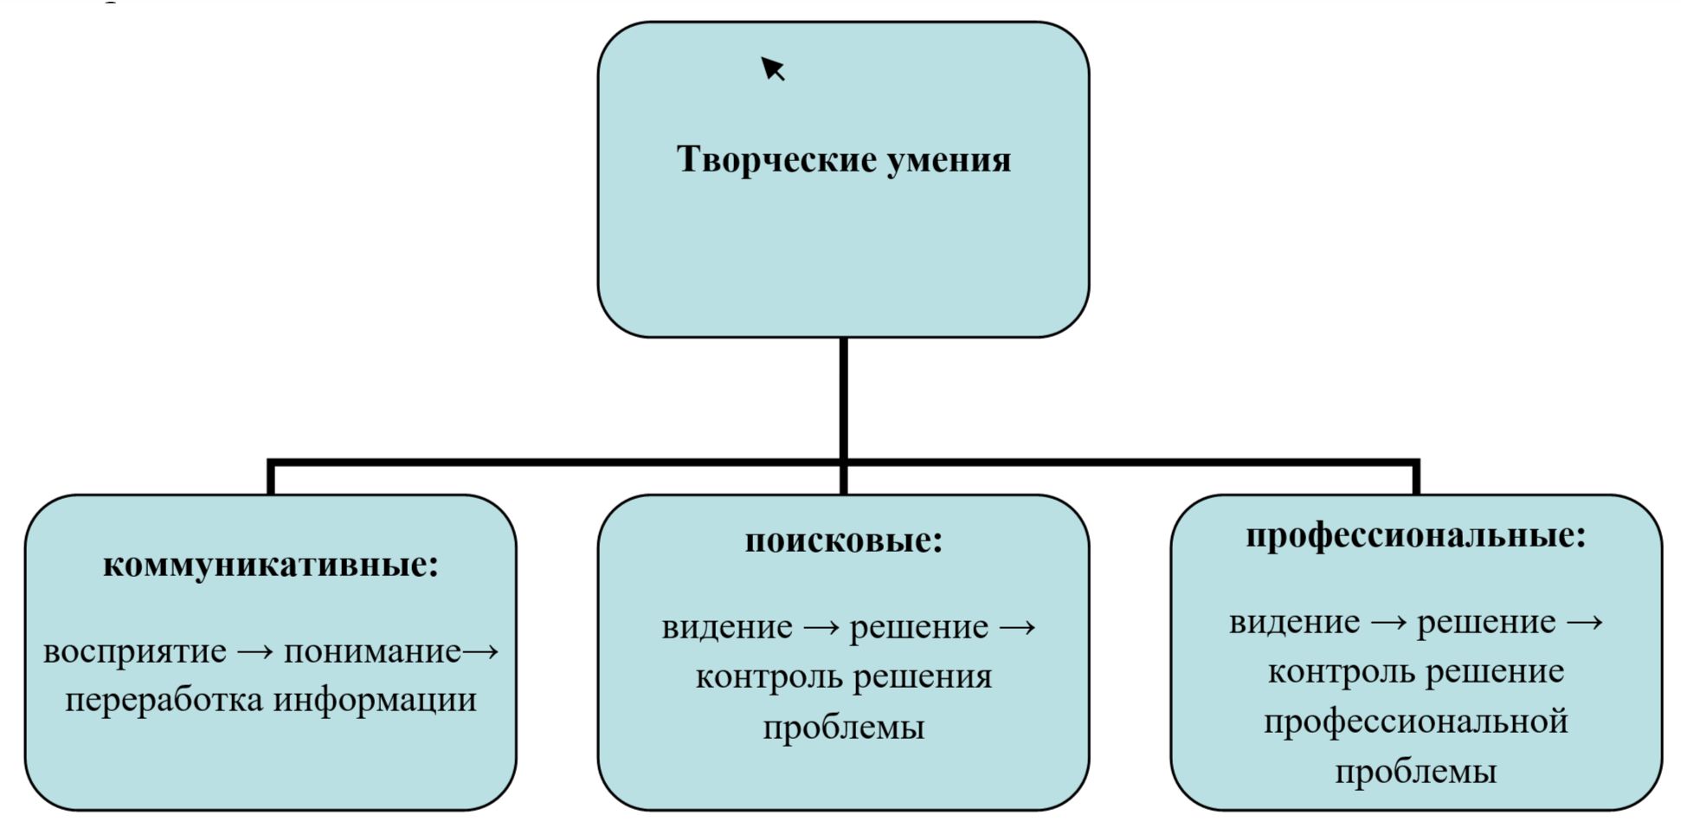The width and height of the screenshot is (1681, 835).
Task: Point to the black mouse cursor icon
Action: coord(771,68)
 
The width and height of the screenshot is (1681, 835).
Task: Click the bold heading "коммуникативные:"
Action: coord(271,565)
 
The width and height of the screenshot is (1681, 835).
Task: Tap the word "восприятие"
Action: coord(134,651)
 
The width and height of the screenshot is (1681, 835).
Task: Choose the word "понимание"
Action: coord(372,651)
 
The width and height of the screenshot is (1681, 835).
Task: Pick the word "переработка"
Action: coord(164,701)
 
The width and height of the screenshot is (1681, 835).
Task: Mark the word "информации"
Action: coord(375,701)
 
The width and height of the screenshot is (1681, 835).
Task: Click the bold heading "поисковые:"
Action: coord(843,540)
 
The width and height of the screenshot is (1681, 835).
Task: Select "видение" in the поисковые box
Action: coord(726,627)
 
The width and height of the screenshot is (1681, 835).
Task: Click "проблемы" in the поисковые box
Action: coord(843,727)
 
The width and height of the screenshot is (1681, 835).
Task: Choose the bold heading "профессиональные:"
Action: coord(1415,535)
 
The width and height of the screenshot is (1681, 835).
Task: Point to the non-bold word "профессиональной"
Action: coord(1415,722)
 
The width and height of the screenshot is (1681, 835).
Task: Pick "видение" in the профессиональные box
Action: coord(1294,623)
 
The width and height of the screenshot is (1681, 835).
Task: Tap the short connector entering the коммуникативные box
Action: coord(271,478)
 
